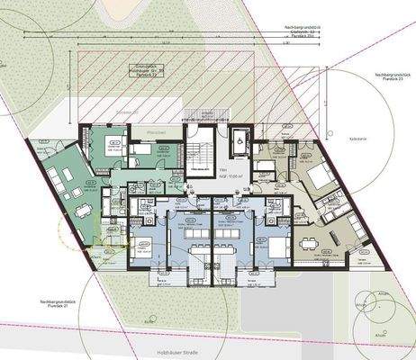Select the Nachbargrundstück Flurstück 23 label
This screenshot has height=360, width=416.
[383, 77]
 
